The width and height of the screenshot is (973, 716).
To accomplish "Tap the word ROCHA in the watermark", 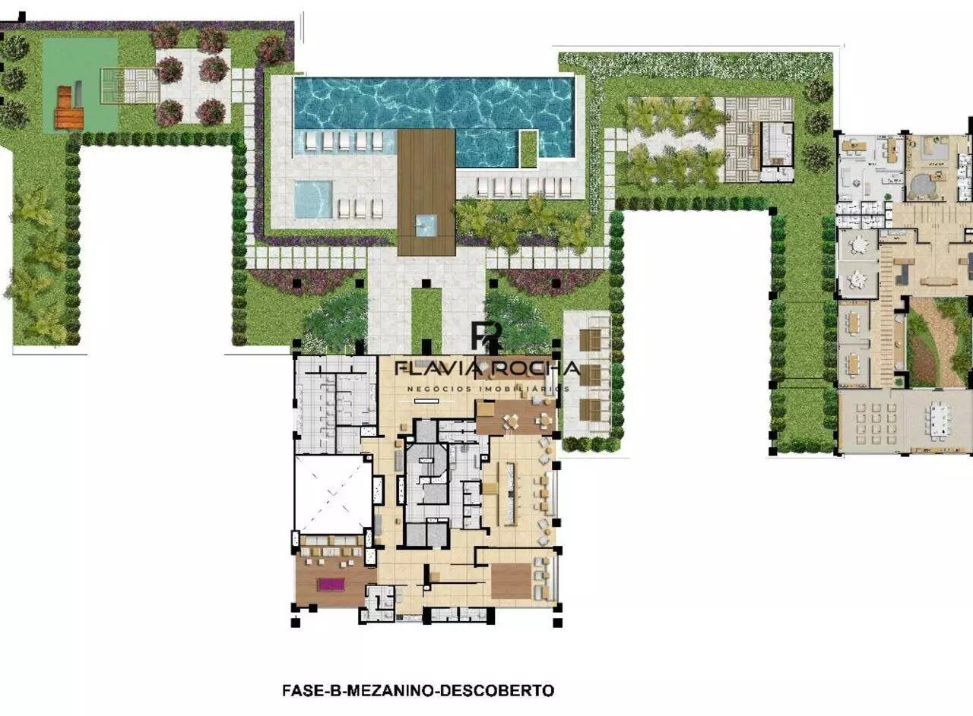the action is [x=534, y=368].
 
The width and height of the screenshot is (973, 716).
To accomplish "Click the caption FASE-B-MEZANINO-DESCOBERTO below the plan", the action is [x=418, y=690].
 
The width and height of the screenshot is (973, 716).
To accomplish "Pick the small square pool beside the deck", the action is [x=312, y=199].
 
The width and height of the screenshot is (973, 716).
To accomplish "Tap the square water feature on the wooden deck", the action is [x=426, y=226].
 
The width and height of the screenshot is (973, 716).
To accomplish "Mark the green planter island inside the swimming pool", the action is [x=528, y=149].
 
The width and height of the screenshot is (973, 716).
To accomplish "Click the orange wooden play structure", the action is [x=69, y=108].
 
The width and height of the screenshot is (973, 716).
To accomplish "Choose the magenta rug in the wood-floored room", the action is [x=331, y=584].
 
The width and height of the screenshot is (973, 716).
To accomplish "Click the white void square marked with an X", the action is [x=333, y=495].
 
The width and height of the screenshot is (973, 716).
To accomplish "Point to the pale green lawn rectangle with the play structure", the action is [x=81, y=85].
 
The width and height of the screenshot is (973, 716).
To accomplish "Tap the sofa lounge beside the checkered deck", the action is [x=777, y=144].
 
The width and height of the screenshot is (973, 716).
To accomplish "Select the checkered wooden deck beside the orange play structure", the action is [x=130, y=86].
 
